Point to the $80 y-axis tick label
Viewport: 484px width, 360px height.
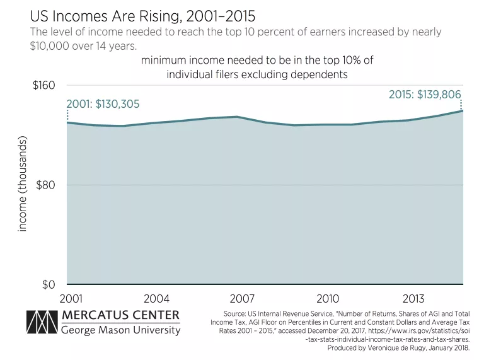46,185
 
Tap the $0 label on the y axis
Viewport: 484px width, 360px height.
49,285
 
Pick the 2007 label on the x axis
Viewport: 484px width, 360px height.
243,298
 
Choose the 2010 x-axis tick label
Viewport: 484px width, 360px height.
328,298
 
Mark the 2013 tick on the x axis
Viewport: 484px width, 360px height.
414,298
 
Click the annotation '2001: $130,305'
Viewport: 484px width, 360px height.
103,104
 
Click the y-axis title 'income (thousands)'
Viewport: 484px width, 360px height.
23,185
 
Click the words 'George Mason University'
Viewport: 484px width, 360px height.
121,330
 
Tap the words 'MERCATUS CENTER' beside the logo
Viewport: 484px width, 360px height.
121,315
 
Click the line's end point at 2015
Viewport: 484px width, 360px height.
463,111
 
